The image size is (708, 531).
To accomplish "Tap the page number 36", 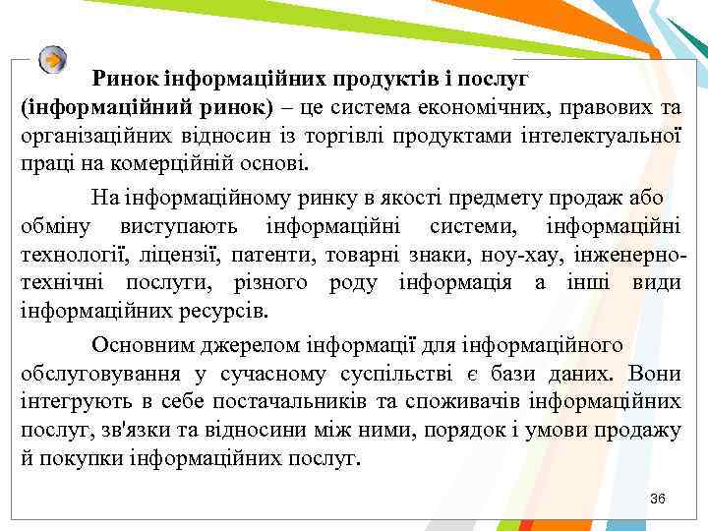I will click(658, 500).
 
